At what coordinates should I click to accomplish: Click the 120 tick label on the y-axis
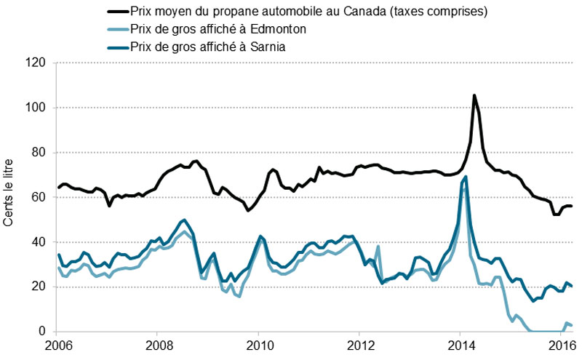click(37, 63)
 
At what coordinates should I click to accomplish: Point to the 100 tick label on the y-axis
click(37, 108)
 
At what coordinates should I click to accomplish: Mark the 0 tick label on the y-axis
click(43, 332)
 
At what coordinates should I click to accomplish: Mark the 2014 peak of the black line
click(474, 95)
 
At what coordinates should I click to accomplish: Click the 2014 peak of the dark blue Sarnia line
click(466, 177)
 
